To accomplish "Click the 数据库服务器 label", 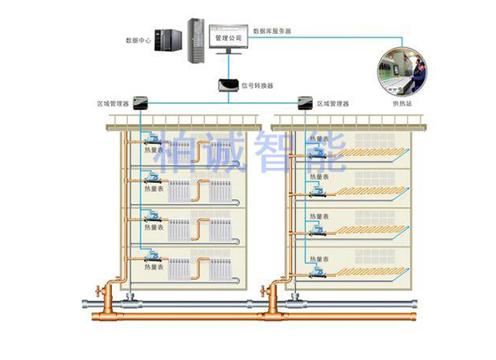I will pyautogui.click(x=272, y=31).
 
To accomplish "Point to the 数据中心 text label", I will pyautogui.click(x=138, y=39).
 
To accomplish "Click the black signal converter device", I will pyautogui.click(x=227, y=84).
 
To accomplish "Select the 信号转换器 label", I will pyautogui.click(x=257, y=85).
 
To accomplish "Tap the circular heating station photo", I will pyautogui.click(x=402, y=71).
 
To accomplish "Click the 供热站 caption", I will pyautogui.click(x=402, y=104).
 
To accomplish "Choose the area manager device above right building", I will pyautogui.click(x=304, y=102).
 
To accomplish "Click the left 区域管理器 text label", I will pyautogui.click(x=113, y=103).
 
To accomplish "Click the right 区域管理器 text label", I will pyautogui.click(x=334, y=103).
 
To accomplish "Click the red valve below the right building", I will pyautogui.click(x=273, y=288).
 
